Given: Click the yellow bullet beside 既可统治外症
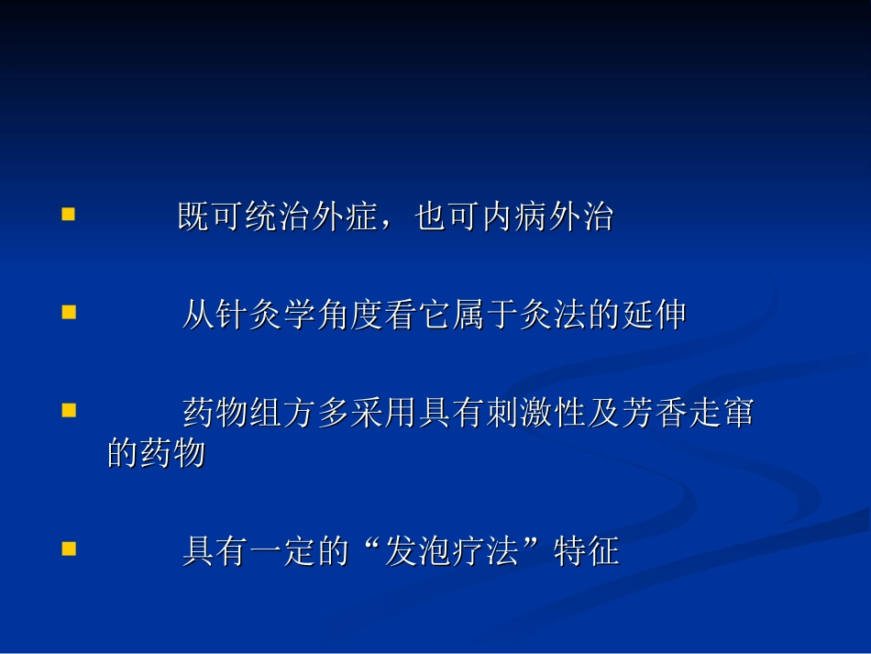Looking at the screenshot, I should [68, 215].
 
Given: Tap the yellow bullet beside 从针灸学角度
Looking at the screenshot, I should [68, 312].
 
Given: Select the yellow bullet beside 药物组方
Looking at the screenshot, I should [68, 409].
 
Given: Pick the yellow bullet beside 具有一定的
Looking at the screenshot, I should [68, 549].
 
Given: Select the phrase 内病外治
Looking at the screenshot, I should [548, 218].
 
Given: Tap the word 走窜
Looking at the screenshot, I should [722, 413].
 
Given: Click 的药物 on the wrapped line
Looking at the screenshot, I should [156, 453].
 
